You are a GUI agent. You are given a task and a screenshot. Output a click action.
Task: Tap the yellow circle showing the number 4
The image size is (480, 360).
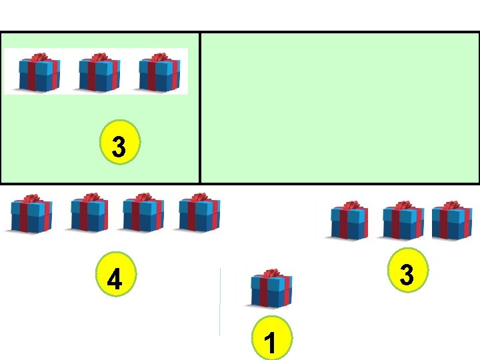(115, 278)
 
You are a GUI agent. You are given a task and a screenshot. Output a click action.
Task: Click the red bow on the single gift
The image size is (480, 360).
(271, 273)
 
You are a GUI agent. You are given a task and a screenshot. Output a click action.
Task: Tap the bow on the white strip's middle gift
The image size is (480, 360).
(99, 58)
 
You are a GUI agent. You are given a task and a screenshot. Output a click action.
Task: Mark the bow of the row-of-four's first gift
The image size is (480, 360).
(30, 199)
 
